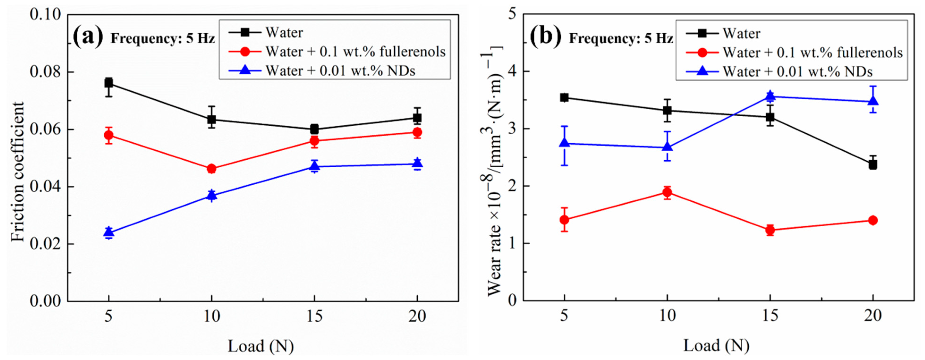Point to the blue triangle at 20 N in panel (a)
tap(417, 163)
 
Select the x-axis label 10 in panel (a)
tap(212, 317)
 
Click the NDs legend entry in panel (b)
tap(798, 72)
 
